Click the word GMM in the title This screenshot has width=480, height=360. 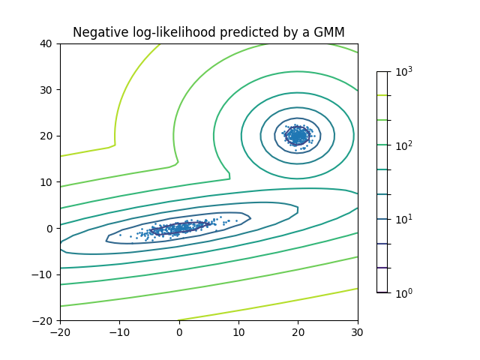(x=330, y=32)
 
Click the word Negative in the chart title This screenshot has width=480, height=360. (x=99, y=32)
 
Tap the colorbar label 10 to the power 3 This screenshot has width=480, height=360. (x=403, y=72)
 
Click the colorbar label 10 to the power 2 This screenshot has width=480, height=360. (x=403, y=145)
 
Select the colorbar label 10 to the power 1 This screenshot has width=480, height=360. (x=403, y=219)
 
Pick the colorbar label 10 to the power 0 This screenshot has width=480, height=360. (x=403, y=293)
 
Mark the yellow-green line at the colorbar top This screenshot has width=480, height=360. (x=382, y=95)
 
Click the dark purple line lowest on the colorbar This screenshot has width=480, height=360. (x=382, y=268)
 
